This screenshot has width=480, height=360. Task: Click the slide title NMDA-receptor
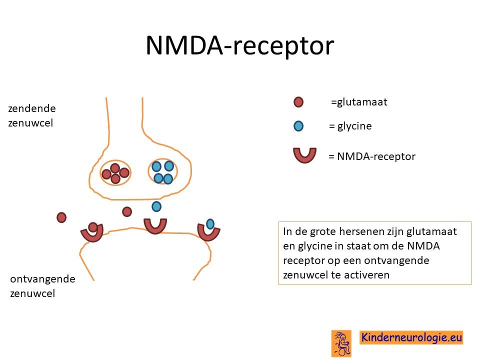(x=239, y=46)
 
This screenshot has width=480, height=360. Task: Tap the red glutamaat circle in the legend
(x=298, y=102)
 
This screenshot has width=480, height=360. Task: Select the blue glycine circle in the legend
(x=298, y=126)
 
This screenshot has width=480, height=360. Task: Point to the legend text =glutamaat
(x=359, y=102)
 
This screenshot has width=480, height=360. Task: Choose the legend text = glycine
(x=350, y=126)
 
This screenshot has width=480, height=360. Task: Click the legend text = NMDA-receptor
(x=372, y=156)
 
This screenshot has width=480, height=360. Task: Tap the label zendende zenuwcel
(x=32, y=115)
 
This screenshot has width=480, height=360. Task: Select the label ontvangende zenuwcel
(x=42, y=286)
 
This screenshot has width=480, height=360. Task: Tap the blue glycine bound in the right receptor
(x=210, y=224)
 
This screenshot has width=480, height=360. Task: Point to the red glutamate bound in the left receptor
(x=92, y=227)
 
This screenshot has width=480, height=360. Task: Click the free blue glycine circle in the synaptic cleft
(x=156, y=206)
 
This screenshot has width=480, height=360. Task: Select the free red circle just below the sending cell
(x=126, y=211)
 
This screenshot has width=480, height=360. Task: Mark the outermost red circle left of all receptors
(x=61, y=217)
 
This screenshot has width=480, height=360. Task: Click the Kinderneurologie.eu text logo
(x=411, y=337)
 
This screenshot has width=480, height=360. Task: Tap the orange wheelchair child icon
(x=341, y=343)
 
